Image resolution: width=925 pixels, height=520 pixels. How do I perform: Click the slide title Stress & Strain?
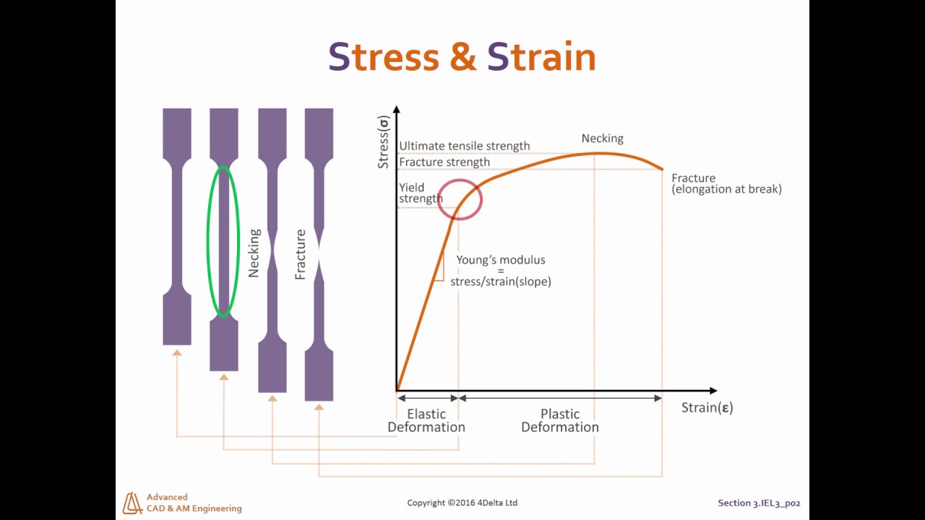(462, 56)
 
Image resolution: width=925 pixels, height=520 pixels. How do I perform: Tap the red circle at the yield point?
(460, 197)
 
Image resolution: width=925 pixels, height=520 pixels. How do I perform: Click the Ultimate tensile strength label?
(464, 146)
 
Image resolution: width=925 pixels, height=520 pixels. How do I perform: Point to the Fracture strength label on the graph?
(444, 162)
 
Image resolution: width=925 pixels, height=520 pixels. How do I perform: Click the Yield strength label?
(420, 193)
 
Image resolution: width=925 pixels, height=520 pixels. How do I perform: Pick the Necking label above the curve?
(602, 139)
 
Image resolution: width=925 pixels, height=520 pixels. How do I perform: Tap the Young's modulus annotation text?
(500, 270)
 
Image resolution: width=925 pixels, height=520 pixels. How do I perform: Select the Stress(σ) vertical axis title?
(384, 142)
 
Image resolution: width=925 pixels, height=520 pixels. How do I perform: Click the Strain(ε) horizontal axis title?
(707, 408)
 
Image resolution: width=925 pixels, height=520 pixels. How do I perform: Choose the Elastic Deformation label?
(426, 420)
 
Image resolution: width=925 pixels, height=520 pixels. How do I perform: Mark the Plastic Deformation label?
(560, 420)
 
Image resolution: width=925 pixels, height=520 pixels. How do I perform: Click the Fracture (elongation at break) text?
(726, 183)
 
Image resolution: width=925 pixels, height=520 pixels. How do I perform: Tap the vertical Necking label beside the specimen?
(254, 253)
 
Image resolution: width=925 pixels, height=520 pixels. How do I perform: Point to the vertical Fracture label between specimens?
(301, 254)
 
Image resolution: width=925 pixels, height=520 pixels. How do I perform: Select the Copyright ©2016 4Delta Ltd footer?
(462, 503)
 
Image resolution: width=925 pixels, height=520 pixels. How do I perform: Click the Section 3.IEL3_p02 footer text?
(759, 503)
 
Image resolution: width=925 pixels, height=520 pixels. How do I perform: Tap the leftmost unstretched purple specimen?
(177, 226)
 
